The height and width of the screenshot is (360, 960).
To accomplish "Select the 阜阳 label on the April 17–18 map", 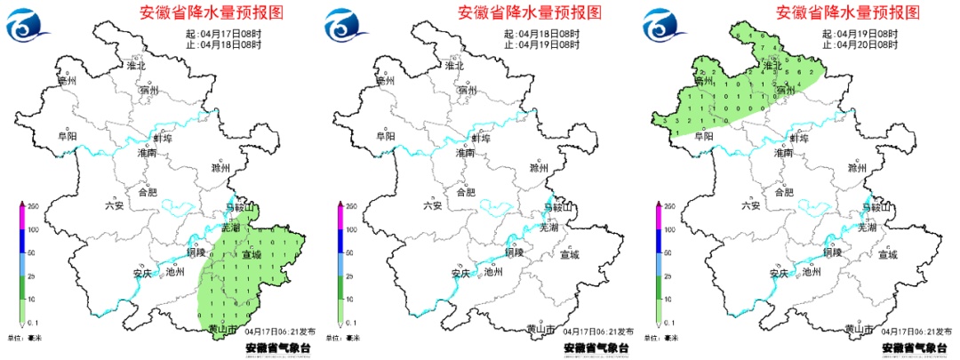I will pos(67,136).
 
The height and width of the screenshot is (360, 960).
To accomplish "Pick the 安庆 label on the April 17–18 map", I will pos(132,274).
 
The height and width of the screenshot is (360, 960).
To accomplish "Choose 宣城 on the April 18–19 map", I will pos(570,255).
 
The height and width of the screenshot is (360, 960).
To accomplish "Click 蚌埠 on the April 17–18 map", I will pos(164,138).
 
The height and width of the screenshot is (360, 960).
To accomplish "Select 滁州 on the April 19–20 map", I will pos(857,168).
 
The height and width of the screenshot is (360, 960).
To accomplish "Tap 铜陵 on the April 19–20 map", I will pos(832,252).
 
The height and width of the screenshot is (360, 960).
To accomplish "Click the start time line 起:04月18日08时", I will pos(542,33).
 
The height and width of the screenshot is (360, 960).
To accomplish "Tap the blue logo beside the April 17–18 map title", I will pos(25,25).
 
